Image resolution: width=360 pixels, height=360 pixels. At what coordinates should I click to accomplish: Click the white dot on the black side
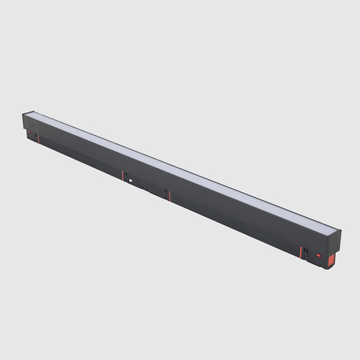coord(130,180)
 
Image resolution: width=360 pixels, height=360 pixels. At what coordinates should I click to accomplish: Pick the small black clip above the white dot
coord(126,173)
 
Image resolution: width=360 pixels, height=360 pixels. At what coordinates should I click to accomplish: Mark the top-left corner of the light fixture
coord(23,112)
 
